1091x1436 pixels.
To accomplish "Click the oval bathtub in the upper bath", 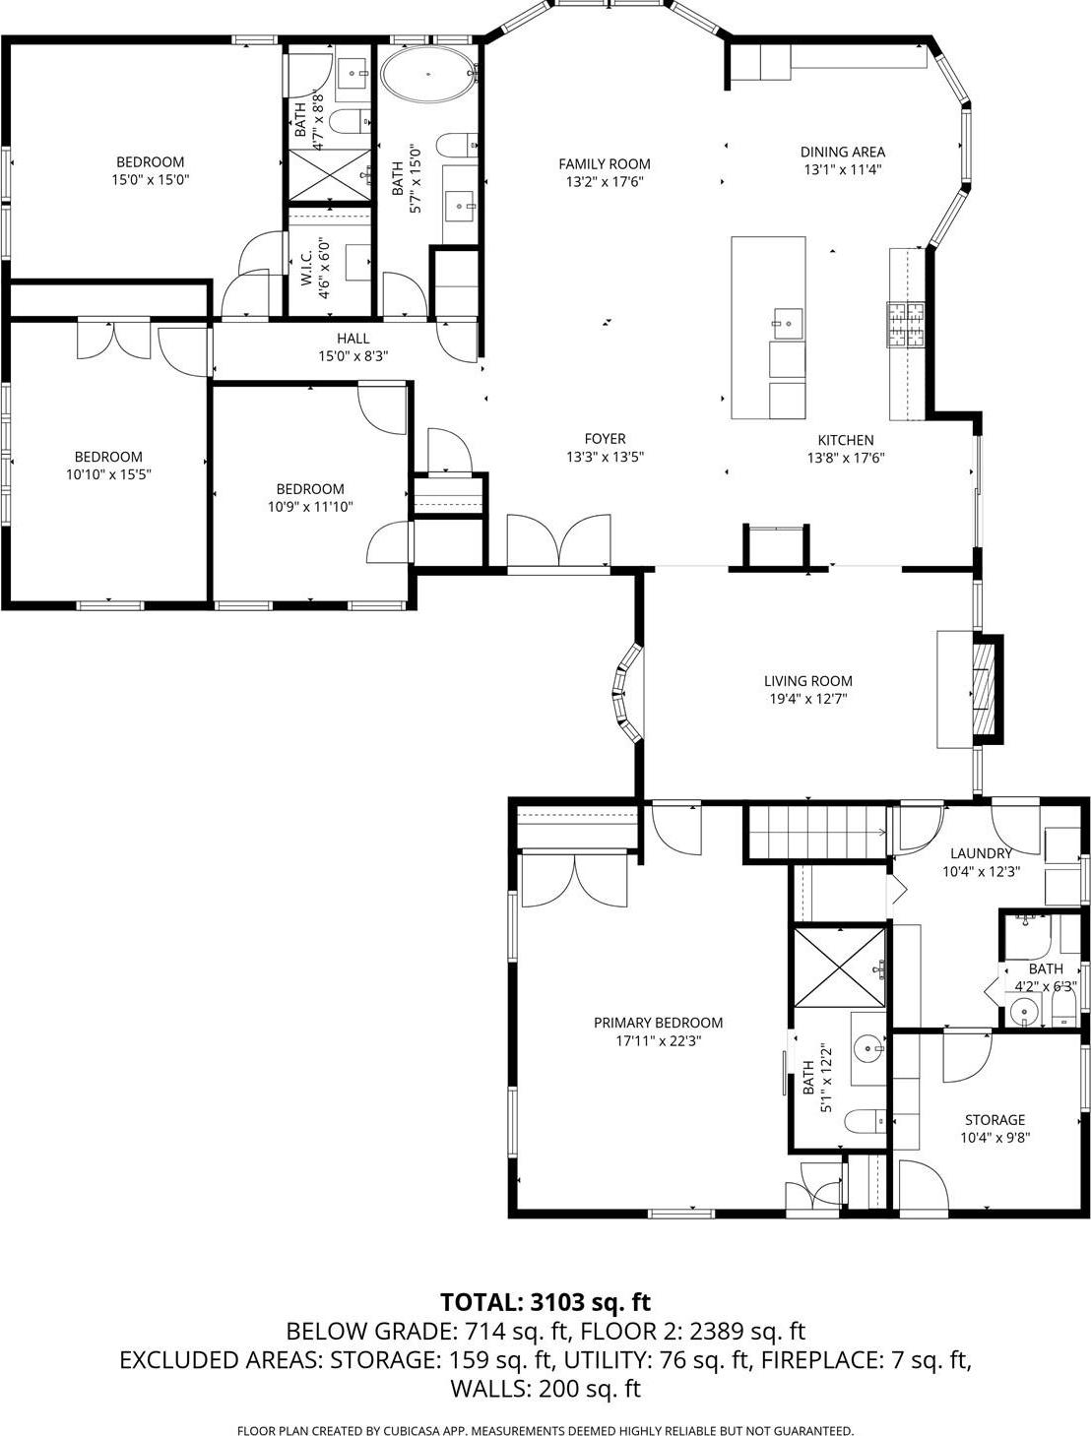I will tap(428, 75).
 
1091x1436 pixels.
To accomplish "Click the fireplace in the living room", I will tap(986, 691).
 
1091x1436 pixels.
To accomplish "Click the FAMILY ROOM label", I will tap(605, 164).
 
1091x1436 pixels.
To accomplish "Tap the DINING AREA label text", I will tap(842, 152).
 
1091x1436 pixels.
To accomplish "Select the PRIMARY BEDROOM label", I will tap(658, 1023).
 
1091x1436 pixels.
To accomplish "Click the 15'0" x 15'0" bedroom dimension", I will tap(150, 180).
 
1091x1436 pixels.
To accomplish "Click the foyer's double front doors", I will tap(557, 543).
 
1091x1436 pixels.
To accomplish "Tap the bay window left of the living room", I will tap(627, 693).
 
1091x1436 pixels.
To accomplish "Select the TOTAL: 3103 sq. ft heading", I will tap(545, 1302).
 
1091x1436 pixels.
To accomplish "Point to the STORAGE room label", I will tap(995, 1120).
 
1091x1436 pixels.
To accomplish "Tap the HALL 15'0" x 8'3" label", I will tap(353, 347).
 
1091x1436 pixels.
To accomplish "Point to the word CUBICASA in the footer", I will tap(423, 1430).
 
